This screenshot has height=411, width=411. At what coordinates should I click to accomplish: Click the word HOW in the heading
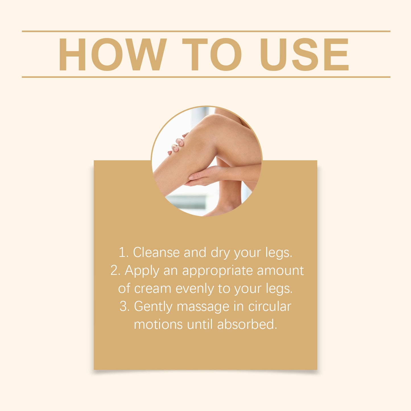coord(112,54)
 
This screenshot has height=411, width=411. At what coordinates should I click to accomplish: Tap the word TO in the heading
coord(212,54)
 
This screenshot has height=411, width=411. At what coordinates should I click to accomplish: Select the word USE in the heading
coord(304,54)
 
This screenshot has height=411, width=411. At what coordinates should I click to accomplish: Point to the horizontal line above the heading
coord(206,31)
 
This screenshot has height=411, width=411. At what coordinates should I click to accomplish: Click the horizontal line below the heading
coord(206,77)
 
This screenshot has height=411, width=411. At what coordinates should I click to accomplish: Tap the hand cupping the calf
coord(202,176)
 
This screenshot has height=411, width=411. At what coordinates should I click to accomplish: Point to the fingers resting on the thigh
coord(178,144)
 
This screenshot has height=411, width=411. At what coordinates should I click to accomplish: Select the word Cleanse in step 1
coord(156,253)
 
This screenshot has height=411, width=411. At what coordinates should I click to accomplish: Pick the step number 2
coord(115,270)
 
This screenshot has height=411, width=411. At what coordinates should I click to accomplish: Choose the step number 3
coord(124,306)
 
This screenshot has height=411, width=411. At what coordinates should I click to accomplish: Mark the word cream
coord(152,289)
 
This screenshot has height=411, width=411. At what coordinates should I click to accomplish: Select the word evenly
coord(195,289)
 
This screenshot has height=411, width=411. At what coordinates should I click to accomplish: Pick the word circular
coord(270,306)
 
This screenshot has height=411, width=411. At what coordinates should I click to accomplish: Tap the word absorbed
coord(247,324)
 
